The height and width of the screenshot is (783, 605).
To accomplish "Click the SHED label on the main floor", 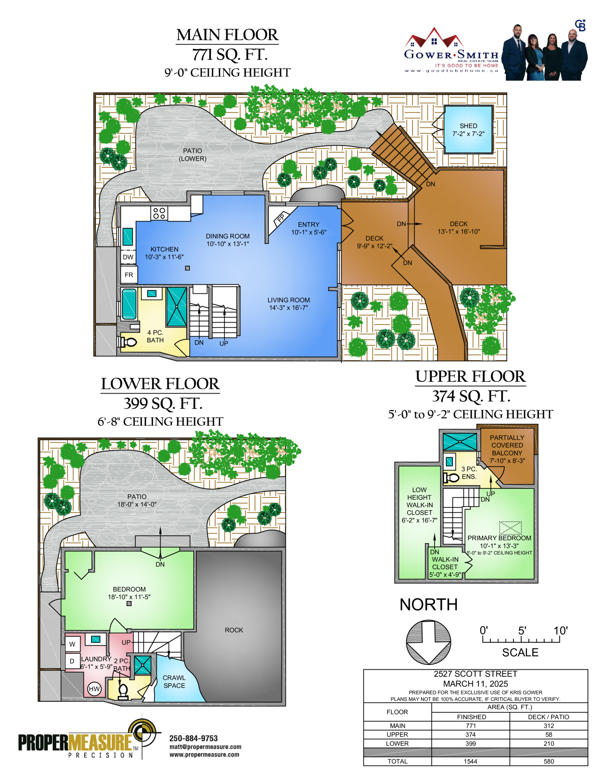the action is pyautogui.click(x=468, y=126).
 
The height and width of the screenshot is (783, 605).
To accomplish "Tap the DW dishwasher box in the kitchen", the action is pyautogui.click(x=128, y=257).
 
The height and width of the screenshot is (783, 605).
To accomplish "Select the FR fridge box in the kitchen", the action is pyautogui.click(x=129, y=275).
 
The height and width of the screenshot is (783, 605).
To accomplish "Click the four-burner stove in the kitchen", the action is pyautogui.click(x=159, y=213).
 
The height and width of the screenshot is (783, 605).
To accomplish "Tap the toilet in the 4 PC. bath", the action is pyautogui.click(x=128, y=343).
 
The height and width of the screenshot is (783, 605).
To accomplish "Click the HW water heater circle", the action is pyautogui.click(x=94, y=689).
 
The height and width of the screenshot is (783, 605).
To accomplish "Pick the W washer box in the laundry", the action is pyautogui.click(x=72, y=644).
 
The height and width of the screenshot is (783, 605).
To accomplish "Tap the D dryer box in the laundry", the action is pyautogui.click(x=72, y=661).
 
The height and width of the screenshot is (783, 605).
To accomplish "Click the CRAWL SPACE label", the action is pyautogui.click(x=174, y=682).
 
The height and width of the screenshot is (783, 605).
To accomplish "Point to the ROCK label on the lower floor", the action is pyautogui.click(x=234, y=630).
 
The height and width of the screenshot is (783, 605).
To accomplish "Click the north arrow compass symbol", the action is pyautogui.click(x=428, y=642).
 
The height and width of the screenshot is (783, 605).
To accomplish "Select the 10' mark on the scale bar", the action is pyautogui.click(x=560, y=631).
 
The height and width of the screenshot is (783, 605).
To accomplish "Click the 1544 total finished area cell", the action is pyautogui.click(x=470, y=761).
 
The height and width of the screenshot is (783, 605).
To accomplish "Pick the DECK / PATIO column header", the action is pyautogui.click(x=548, y=717).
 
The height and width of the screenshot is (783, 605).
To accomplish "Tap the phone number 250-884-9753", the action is pyautogui.click(x=193, y=738).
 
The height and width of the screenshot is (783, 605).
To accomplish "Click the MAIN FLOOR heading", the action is pyautogui.click(x=227, y=35).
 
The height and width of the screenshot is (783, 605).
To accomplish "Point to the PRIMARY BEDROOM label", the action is pyautogui.click(x=499, y=538).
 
